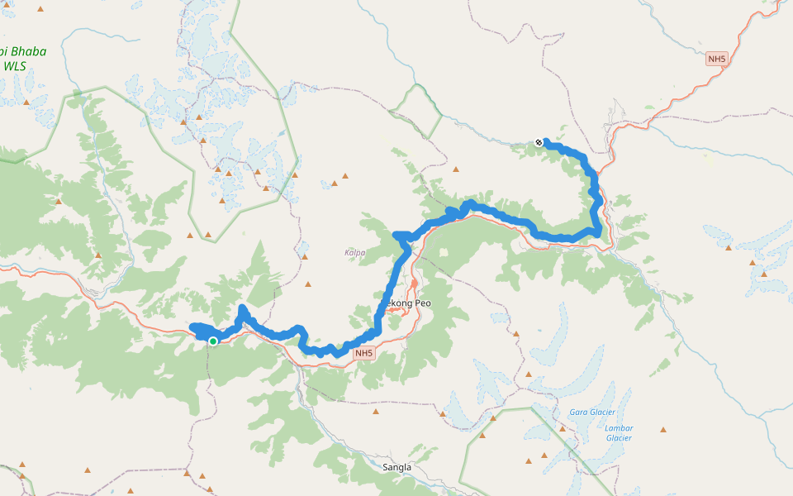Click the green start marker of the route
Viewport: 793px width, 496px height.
coord(213,341)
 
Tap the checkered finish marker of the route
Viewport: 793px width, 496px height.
coord(539,142)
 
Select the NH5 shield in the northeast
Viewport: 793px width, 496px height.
coord(716,59)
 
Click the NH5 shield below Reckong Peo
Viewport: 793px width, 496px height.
coord(364,354)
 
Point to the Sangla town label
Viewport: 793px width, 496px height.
coord(396,467)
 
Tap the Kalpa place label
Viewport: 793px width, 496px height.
coord(354,252)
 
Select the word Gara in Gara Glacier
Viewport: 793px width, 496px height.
coord(579,412)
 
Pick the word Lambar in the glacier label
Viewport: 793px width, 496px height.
coord(619,427)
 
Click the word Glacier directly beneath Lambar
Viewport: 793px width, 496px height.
coord(619,438)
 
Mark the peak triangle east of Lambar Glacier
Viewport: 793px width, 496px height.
coord(663,430)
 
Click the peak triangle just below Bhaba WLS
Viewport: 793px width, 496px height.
coord(26,102)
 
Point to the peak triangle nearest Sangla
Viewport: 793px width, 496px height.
coord(376,411)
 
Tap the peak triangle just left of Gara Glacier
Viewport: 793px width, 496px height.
coord(562,428)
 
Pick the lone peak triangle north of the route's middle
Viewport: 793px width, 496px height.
coord(455,169)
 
